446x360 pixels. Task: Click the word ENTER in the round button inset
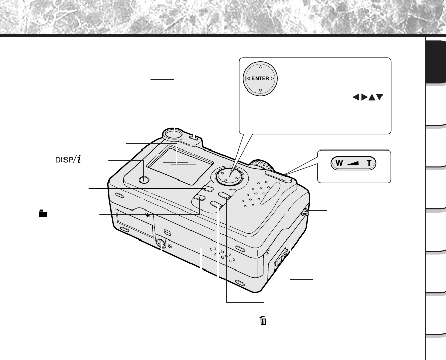pos(260,79)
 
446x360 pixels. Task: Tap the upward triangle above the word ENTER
pos(260,68)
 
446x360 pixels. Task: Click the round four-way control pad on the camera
pos(229,176)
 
